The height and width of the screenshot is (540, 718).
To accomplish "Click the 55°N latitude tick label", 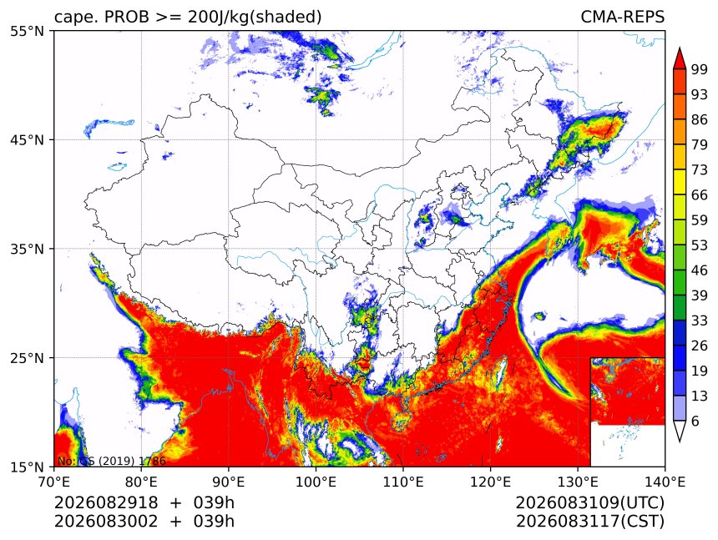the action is pos(27,31).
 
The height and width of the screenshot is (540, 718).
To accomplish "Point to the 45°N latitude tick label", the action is pos(27,139).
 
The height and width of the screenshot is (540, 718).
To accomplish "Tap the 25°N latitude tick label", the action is pos(27,357).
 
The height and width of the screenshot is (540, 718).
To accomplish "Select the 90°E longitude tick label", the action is pos(228,482).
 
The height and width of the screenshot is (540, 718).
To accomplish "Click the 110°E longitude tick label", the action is pos(403,482).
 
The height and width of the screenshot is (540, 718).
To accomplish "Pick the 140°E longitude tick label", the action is pos(664,482).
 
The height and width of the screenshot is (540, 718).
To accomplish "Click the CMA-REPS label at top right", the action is pos(622,17).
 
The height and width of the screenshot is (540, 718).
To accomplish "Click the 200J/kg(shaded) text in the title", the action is pos(254,17).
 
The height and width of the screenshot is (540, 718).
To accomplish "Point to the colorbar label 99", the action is pos(700,69).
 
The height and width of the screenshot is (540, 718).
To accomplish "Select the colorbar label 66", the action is pos(700,195).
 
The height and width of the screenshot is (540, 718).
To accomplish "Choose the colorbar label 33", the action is pos(700,320).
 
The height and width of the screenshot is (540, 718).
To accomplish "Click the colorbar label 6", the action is pos(695,421).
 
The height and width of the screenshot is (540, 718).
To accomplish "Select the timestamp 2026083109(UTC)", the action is pos(589,502).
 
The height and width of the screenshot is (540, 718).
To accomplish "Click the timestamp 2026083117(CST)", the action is pos(589,522).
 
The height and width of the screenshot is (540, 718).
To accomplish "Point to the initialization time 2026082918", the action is pos(106,502).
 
